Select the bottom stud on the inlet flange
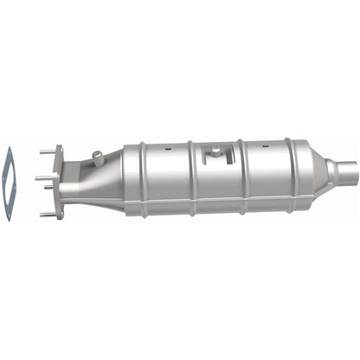click(47, 213)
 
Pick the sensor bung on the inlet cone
click(98, 157)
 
